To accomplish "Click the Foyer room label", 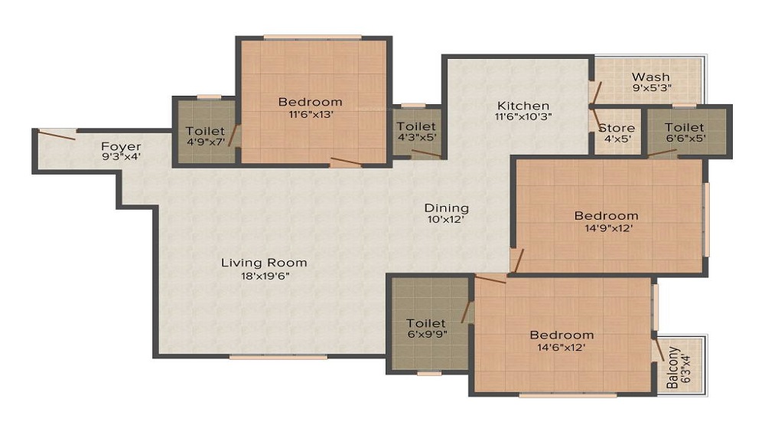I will (121, 145).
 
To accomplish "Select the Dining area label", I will (447, 208).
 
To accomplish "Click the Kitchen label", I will (523, 106).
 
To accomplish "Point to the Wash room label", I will (650, 77).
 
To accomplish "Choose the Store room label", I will (617, 128).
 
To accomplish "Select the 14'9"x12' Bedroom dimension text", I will (606, 227).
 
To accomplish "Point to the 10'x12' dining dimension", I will (447, 220).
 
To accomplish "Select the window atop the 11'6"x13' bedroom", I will (312, 36).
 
